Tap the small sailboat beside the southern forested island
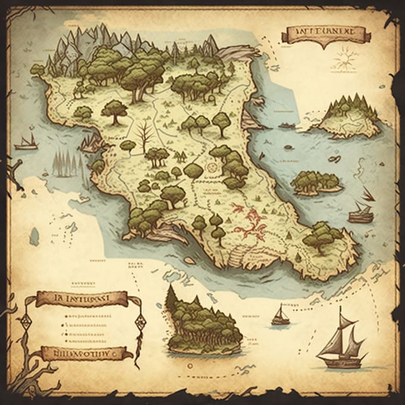click(280, 316)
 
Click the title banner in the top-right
click(326, 33)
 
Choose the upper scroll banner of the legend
click(81, 298)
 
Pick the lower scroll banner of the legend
click(77, 353)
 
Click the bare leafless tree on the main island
click(144, 135)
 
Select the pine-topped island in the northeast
click(348, 116)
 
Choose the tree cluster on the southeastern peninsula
click(322, 236)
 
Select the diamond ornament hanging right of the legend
click(141, 323)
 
